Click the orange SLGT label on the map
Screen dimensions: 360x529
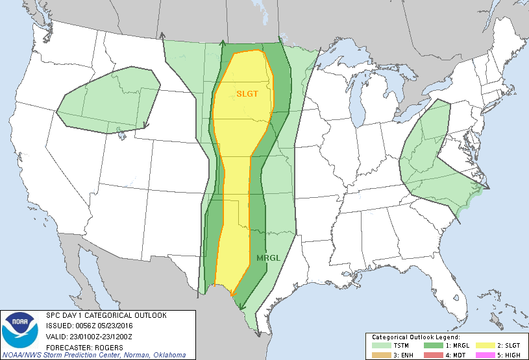(247, 93)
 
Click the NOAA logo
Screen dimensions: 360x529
(20, 330)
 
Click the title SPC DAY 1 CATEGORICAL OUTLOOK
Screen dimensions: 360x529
(106, 315)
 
